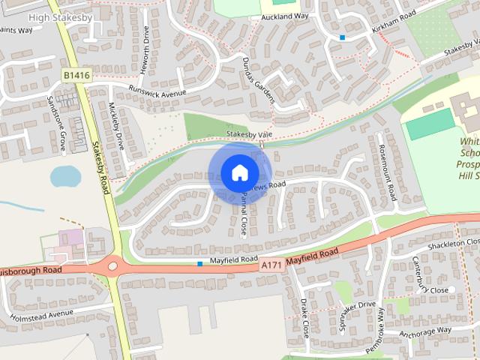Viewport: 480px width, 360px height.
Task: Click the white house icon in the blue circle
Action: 238,172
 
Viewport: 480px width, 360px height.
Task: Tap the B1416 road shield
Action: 76,76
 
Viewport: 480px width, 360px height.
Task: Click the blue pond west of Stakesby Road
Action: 65,177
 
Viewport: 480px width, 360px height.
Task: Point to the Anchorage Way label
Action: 425,331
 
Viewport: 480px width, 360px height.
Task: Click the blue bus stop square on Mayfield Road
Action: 199,263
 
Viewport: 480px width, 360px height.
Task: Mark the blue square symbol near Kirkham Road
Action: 342,37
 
